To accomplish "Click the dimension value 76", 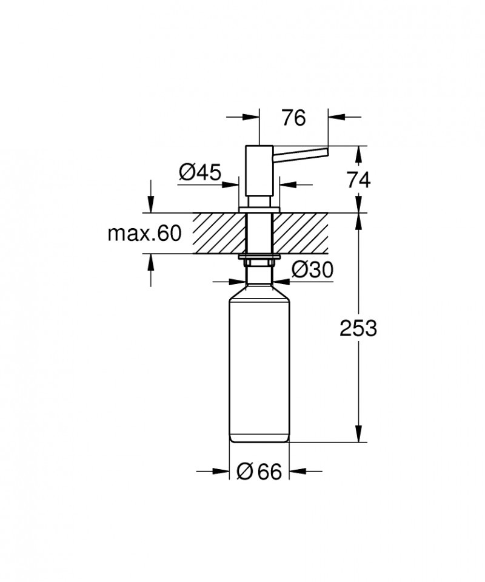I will tap(293, 118).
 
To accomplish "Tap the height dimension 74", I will tap(358, 179).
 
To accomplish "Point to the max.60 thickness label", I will tap(144, 233).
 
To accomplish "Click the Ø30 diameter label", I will tap(312, 269).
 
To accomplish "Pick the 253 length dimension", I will tap(358, 328).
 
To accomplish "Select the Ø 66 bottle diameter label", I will tap(259, 472).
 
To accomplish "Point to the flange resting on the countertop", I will tap(259, 209).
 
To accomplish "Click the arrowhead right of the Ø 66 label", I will tap(296, 471).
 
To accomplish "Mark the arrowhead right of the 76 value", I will tap(336, 115).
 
